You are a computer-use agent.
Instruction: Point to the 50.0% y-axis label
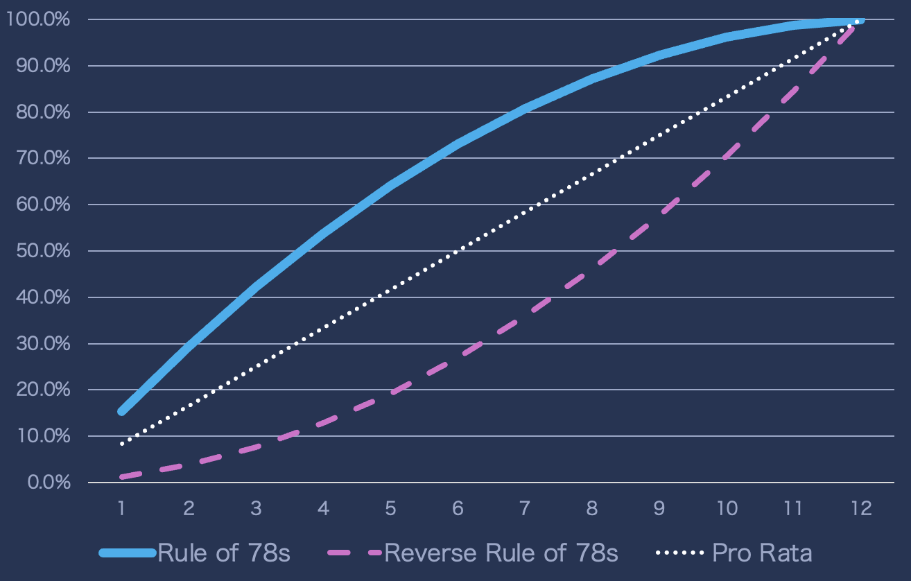coord(42,250)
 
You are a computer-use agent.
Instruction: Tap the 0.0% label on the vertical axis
coord(48,482)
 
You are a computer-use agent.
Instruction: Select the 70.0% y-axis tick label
coord(42,158)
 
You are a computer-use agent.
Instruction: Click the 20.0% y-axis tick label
coord(42,390)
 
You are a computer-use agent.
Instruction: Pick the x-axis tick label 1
coord(121,508)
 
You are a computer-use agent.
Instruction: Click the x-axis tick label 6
coord(458,508)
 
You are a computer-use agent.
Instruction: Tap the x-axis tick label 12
coord(862,508)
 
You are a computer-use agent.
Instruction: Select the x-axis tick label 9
coord(659,508)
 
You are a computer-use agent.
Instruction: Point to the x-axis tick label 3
coord(256,508)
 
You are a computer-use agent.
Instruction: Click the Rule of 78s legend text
coord(224,553)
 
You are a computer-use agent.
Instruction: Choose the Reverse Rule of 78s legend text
coord(501,553)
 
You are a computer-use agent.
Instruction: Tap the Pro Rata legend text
coord(762,553)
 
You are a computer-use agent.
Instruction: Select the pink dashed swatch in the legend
coord(354,553)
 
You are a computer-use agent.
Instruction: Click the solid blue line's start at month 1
coord(122,411)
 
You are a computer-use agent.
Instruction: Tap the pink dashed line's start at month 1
coord(122,476)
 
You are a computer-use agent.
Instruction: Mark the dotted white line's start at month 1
coord(122,443)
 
